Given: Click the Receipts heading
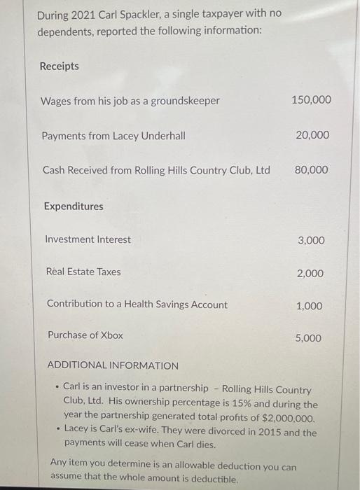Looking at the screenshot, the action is (x=59, y=66).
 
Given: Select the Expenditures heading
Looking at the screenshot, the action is (x=73, y=206).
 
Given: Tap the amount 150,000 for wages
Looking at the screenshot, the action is (x=311, y=100).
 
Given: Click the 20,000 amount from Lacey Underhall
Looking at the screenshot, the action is (x=312, y=135).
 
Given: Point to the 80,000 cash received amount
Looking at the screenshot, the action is (x=312, y=170).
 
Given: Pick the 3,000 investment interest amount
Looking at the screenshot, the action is (x=311, y=241).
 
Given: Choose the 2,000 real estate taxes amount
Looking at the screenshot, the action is (x=310, y=273).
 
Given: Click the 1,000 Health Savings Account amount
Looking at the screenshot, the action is (x=309, y=306).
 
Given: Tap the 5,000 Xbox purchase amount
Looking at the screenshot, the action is (x=308, y=338).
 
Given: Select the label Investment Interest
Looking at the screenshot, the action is (x=88, y=239).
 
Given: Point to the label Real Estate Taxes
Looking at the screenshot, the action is (x=83, y=272).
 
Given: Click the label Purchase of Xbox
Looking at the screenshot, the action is (x=85, y=335).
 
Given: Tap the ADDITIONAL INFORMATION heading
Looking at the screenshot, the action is (x=113, y=365).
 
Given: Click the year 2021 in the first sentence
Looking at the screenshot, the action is (x=89, y=14).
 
